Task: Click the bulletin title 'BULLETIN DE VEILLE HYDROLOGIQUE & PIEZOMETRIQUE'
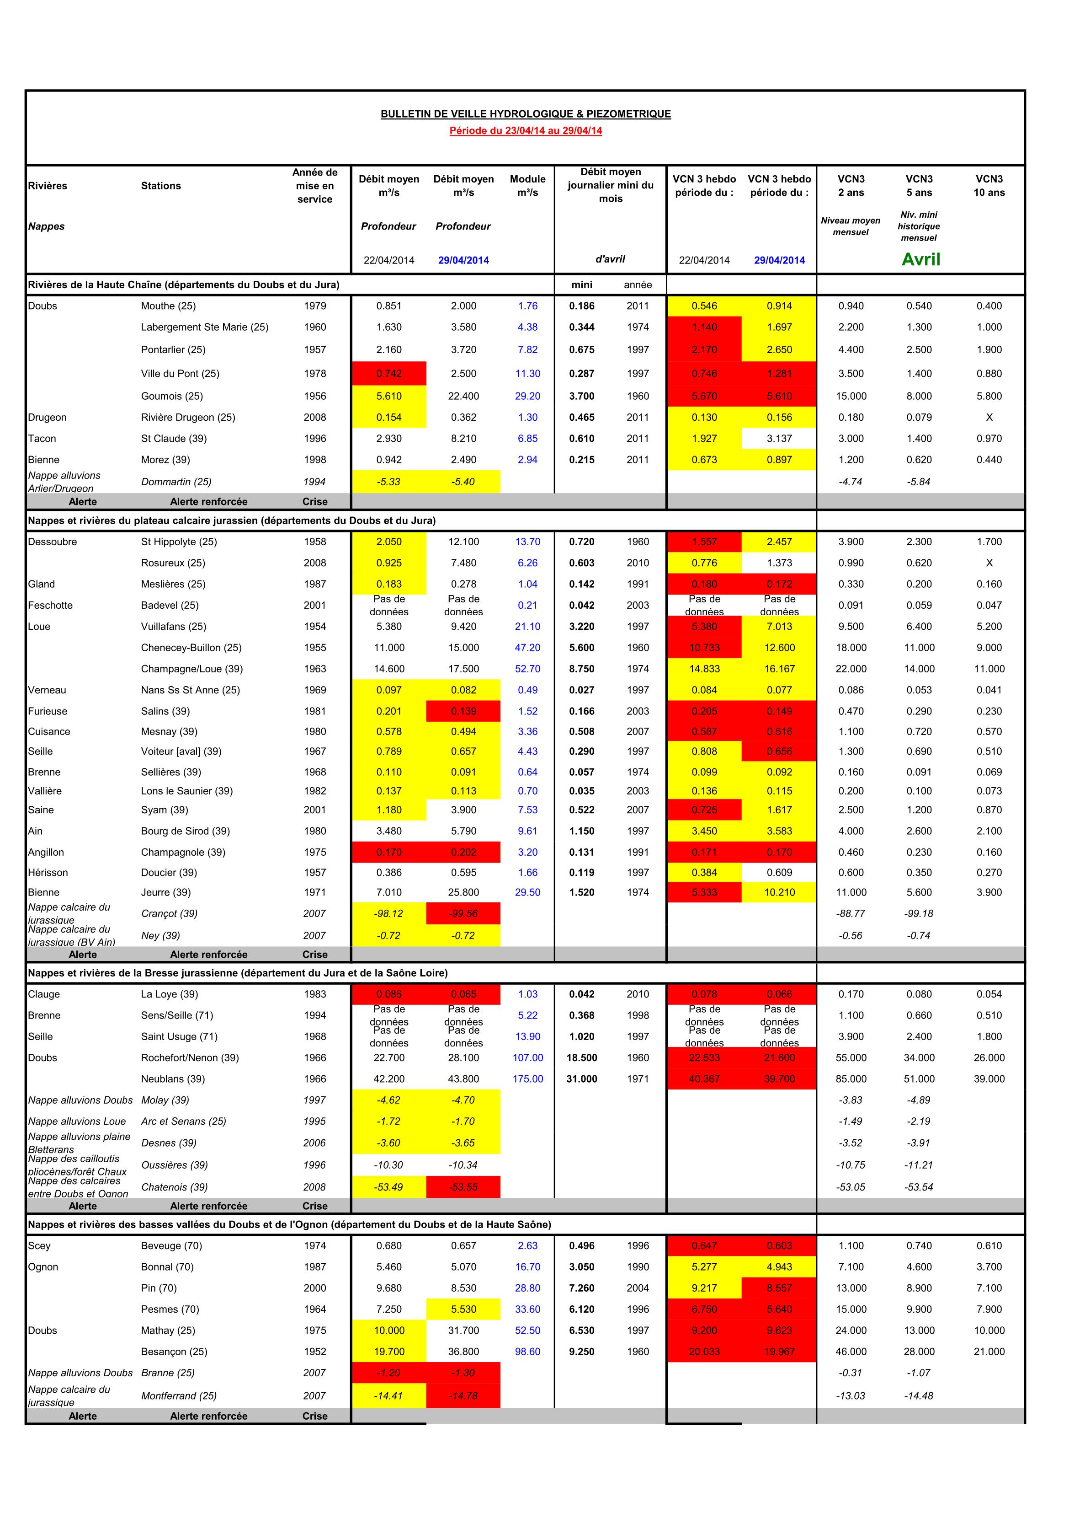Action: click(526, 114)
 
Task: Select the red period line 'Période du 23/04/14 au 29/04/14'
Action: click(526, 130)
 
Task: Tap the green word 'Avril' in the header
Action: click(920, 260)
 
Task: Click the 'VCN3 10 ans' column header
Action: click(989, 186)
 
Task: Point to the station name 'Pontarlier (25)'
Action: click(173, 350)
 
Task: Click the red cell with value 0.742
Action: click(388, 374)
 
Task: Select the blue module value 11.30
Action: click(527, 374)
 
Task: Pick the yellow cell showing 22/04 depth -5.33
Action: click(388, 482)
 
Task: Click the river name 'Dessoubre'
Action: click(53, 542)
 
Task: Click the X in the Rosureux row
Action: click(989, 563)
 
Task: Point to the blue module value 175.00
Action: click(527, 1079)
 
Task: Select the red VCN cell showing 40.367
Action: click(704, 1079)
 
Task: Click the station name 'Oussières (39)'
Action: click(175, 1165)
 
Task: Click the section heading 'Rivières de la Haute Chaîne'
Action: click(184, 284)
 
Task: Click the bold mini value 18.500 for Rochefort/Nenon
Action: click(582, 1057)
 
